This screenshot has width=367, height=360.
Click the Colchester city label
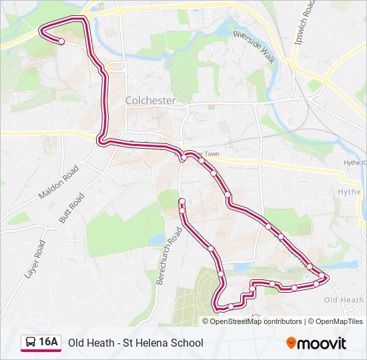pyautogui.click(x=151, y=101)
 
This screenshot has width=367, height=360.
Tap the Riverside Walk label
pyautogui.click(x=254, y=46)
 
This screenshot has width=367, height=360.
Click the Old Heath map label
pyautogui.click(x=344, y=300)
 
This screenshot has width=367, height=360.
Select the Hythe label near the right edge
pyautogui.click(x=349, y=191)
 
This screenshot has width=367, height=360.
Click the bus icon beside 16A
pyautogui.click(x=31, y=343)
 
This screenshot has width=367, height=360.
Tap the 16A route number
pyautogui.click(x=49, y=343)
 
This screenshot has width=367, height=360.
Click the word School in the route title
pyautogui.click(x=186, y=343)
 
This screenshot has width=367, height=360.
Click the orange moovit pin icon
pyautogui.click(x=292, y=343)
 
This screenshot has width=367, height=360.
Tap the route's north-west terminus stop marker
pyautogui.click(x=61, y=41)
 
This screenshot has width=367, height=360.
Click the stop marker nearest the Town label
pyautogui.click(x=200, y=161)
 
